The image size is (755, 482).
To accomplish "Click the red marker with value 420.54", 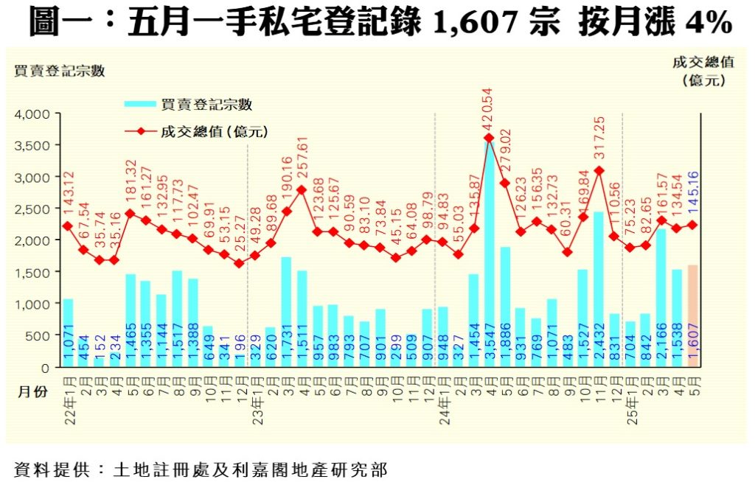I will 489,137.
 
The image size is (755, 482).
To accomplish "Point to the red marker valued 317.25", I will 599,170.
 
